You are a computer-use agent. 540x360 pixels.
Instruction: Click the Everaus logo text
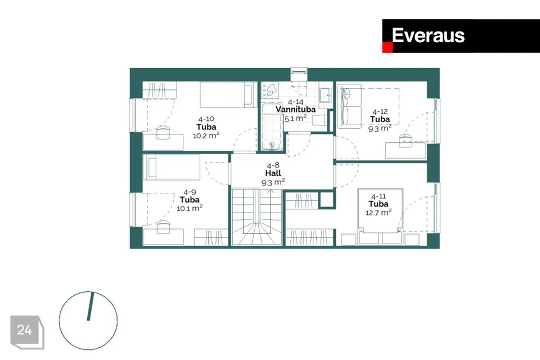click(x=428, y=35)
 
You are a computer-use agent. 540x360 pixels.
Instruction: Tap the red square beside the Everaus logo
click(x=388, y=48)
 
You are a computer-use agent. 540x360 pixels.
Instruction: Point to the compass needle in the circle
click(x=90, y=307)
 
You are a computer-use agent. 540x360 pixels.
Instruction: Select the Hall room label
click(x=273, y=173)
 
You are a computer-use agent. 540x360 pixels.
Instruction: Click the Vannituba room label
click(x=295, y=110)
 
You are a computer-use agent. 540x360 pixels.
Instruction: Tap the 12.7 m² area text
click(x=379, y=212)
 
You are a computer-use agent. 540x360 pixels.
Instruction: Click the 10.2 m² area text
click(x=206, y=135)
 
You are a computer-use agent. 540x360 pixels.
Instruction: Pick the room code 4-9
click(x=190, y=192)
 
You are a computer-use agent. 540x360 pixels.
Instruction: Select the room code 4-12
click(x=380, y=111)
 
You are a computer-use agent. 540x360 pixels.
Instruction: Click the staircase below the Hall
click(x=257, y=217)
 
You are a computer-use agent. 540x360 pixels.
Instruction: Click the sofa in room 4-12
click(x=350, y=106)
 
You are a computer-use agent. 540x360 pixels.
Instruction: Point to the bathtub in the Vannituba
click(x=272, y=127)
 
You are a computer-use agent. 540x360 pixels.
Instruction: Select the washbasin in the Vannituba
click(x=325, y=93)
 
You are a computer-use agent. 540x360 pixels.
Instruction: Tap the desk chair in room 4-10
click(x=163, y=132)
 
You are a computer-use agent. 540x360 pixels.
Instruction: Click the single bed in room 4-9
click(x=171, y=167)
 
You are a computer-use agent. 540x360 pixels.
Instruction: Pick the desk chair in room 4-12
click(x=406, y=141)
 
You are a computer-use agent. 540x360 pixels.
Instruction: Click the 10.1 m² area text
click(x=190, y=208)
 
